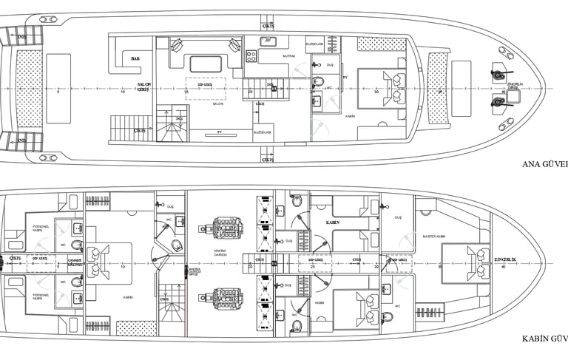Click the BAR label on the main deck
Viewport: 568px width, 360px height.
click(135, 58)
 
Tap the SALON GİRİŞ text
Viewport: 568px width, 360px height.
click(144, 87)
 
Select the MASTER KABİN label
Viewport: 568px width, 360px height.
click(433, 237)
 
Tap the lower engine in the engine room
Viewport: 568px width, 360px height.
click(224, 298)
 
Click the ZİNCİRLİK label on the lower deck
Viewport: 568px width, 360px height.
click(505, 260)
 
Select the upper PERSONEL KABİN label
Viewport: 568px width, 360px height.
click(41, 228)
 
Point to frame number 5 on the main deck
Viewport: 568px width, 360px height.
click(58, 92)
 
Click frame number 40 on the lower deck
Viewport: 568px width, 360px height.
click(504, 268)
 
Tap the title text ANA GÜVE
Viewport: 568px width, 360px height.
click(544, 165)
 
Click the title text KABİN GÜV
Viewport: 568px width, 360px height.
click(543, 339)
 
